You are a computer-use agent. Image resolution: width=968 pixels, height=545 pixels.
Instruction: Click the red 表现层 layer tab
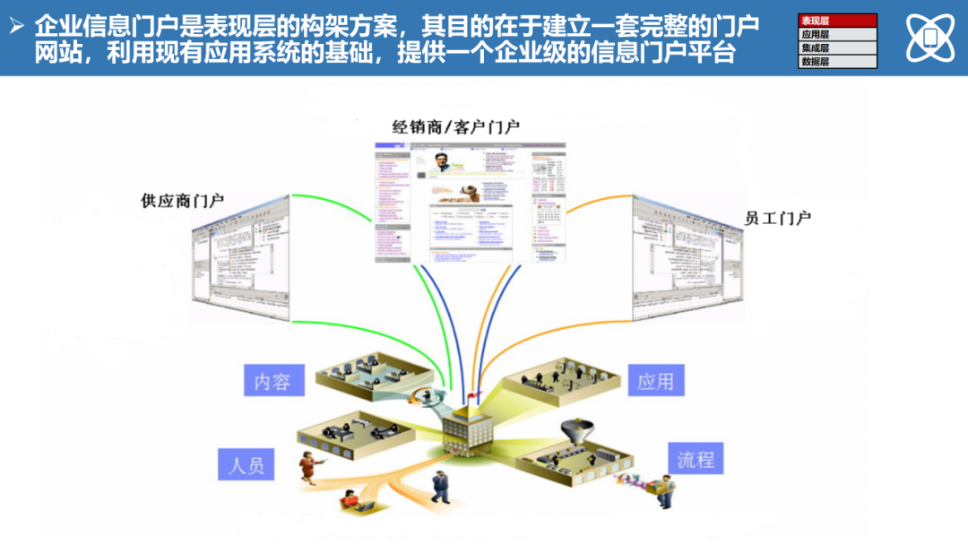point(837,21)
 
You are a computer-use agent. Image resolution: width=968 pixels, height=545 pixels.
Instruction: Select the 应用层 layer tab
point(837,34)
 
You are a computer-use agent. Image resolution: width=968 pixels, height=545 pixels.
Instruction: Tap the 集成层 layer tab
point(837,48)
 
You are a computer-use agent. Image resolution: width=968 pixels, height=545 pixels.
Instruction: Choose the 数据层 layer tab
point(837,62)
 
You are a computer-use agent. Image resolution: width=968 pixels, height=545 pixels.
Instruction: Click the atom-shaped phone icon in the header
point(929,37)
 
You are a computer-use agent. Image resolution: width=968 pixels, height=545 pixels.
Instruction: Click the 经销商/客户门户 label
point(455,127)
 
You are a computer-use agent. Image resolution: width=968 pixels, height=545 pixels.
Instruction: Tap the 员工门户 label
point(778,218)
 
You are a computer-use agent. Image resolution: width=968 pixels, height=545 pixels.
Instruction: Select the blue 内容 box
point(272,380)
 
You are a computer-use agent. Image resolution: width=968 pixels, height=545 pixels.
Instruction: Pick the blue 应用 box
point(655,380)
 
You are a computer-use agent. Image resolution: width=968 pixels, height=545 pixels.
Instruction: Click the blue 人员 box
point(246,465)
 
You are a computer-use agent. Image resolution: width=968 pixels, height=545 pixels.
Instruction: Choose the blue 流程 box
point(696,459)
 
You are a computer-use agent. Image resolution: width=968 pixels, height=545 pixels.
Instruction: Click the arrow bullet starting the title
point(15,26)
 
